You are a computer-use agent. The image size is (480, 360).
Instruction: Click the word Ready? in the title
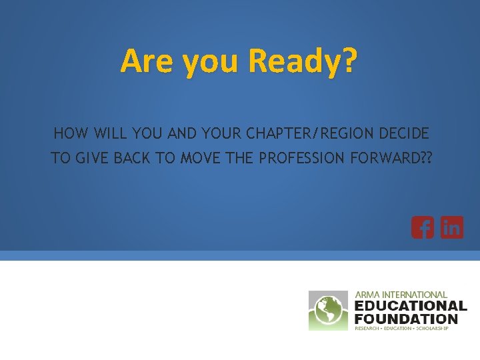pos(303,62)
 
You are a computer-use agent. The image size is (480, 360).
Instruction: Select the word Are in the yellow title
pos(141,62)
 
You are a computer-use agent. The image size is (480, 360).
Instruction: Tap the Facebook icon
pos(422,228)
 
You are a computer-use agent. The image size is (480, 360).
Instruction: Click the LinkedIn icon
pos(452,228)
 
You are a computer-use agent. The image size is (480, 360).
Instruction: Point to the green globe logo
pos(328,311)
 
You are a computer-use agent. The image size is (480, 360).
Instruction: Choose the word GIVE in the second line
pos(87,159)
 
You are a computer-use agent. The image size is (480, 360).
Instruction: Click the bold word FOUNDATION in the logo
pos(406,319)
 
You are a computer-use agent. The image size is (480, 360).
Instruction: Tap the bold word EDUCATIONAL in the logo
pos(411,306)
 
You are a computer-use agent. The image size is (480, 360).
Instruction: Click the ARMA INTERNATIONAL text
pos(401,294)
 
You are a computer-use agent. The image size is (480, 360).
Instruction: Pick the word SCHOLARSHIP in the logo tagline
pos(432,329)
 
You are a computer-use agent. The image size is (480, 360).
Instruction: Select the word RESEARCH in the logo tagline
pos(369,329)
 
